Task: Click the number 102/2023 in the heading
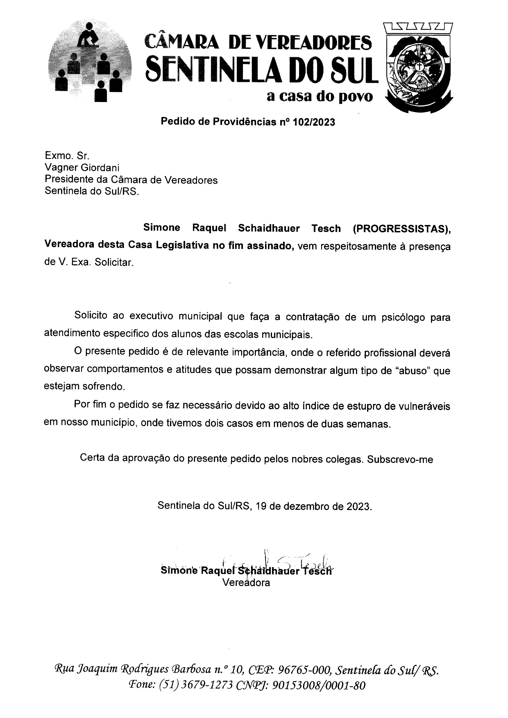pos(314,122)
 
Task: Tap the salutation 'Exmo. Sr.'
pos(67,155)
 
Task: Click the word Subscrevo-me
pos(400,459)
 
